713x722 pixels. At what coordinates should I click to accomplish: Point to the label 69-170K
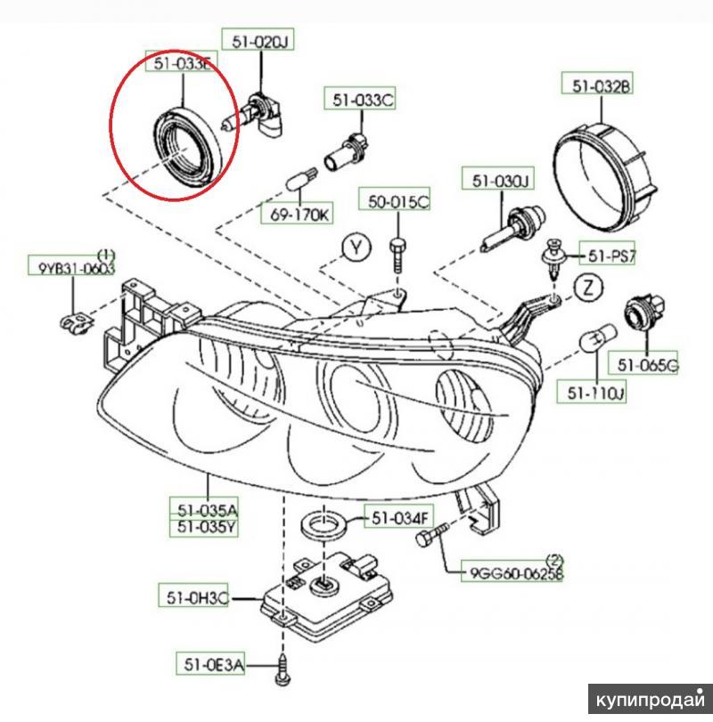(296, 215)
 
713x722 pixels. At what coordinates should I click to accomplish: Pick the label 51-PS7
(610, 256)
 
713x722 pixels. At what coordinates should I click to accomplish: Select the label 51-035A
(207, 510)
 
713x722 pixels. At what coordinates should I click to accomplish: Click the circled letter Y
(356, 248)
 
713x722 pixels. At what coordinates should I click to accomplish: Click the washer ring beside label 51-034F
(323, 524)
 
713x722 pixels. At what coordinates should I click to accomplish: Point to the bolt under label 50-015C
(398, 254)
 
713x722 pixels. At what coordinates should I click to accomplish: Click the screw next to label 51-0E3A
(283, 666)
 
